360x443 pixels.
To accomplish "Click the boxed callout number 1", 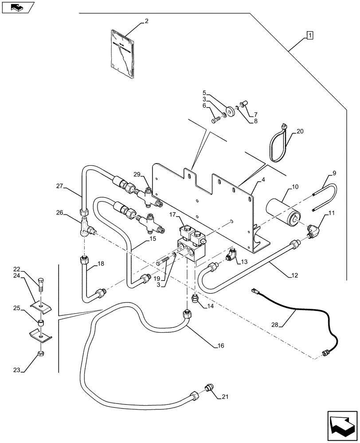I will [x=309, y=35].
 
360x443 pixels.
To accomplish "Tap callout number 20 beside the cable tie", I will [x=300, y=132].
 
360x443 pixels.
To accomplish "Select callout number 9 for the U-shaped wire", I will [x=334, y=173].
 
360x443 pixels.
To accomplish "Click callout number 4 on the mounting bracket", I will [x=263, y=180].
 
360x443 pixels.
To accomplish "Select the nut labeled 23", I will [x=41, y=354].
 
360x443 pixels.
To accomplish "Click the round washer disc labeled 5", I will [x=230, y=111].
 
